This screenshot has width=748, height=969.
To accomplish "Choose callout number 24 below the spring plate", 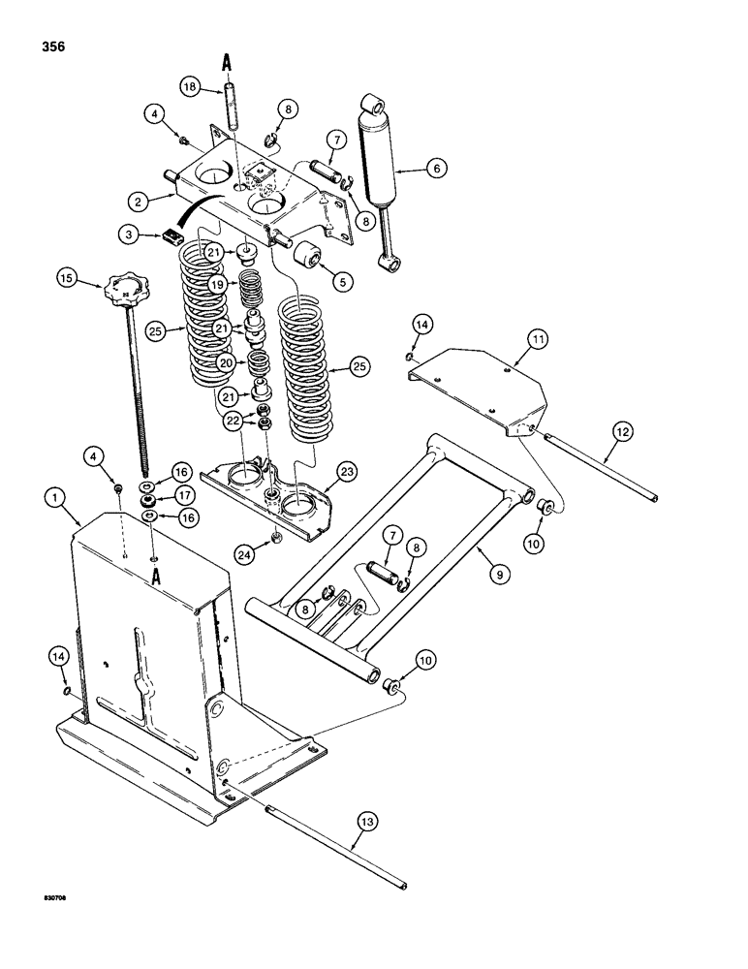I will click(245, 554).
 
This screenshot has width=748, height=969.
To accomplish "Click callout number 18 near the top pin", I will click(190, 87).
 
